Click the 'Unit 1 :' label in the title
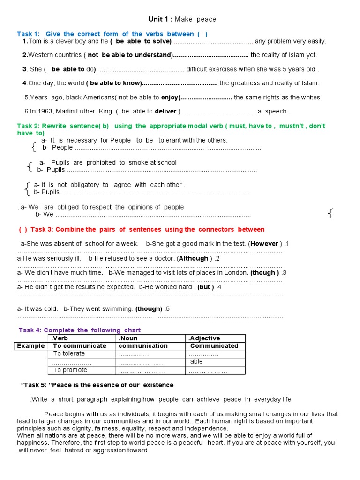point(161,19)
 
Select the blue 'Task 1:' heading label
point(28,34)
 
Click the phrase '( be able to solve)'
point(141,41)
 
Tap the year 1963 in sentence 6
point(46,112)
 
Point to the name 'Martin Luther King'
point(85,112)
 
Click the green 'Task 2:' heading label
point(29,126)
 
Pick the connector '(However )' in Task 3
point(265,244)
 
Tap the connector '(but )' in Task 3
point(206,287)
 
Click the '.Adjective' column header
point(204,338)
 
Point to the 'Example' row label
point(31,346)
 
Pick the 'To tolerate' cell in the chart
point(69,354)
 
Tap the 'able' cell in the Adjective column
point(196,362)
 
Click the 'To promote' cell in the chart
point(70,370)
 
